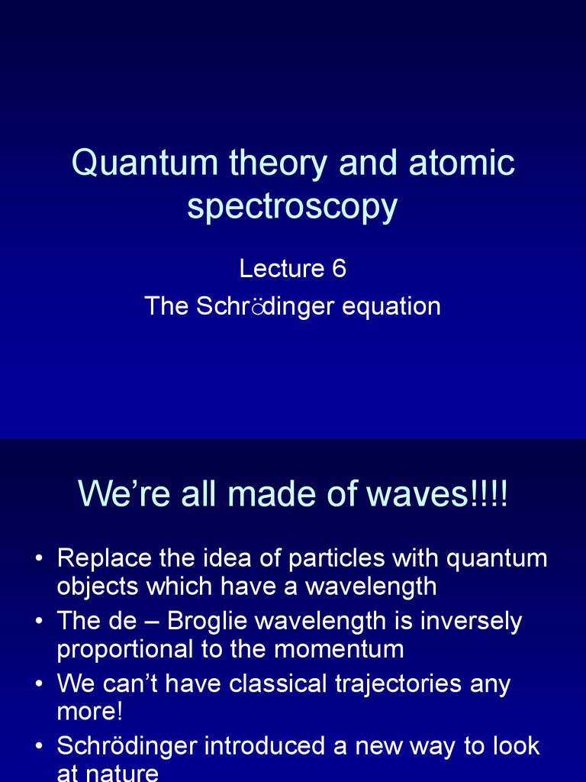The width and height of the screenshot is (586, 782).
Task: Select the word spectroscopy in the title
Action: click(x=292, y=206)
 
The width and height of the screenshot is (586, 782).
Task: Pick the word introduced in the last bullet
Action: click(x=243, y=746)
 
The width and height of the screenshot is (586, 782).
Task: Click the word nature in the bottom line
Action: click(x=122, y=773)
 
